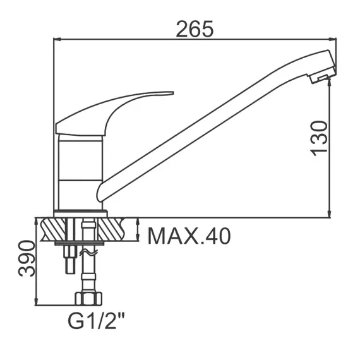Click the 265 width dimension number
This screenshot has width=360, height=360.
(195, 29)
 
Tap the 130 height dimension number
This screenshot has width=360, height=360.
(319, 139)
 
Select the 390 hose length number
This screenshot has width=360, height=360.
(27, 258)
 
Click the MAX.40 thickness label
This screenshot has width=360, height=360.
(189, 236)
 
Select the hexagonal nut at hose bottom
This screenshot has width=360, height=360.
(88, 299)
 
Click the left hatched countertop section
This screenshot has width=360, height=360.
(53, 230)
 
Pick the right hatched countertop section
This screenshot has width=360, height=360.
(111, 230)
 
